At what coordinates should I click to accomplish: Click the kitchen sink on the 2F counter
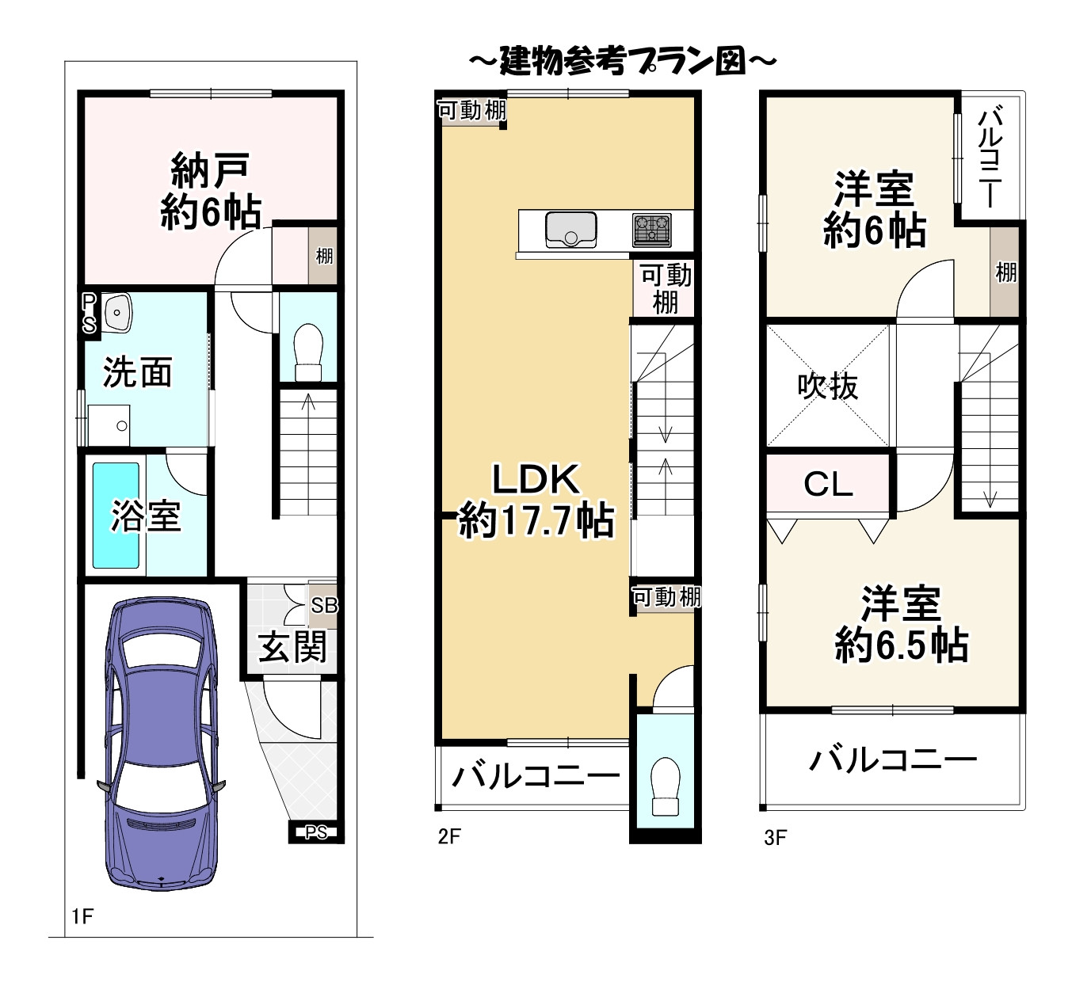tap(570, 230)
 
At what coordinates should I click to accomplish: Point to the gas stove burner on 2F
tap(651, 230)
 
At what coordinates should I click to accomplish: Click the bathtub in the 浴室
tap(116, 516)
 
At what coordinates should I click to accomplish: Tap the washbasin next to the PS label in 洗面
tap(117, 311)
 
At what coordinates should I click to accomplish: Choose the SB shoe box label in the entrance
tap(324, 606)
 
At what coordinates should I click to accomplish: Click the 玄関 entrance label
tap(292, 648)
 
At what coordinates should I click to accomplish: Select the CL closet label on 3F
tap(828, 484)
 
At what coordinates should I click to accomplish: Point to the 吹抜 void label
tap(828, 386)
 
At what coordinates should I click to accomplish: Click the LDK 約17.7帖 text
tap(536, 501)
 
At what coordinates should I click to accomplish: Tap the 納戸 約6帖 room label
tap(211, 192)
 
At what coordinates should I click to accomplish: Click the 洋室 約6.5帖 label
tap(901, 624)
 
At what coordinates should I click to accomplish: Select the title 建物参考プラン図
tap(622, 61)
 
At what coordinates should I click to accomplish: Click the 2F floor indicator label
tap(448, 836)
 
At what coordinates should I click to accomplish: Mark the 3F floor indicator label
tap(775, 837)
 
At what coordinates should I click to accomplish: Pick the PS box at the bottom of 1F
tap(316, 832)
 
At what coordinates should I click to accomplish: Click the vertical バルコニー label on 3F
tap(990, 158)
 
